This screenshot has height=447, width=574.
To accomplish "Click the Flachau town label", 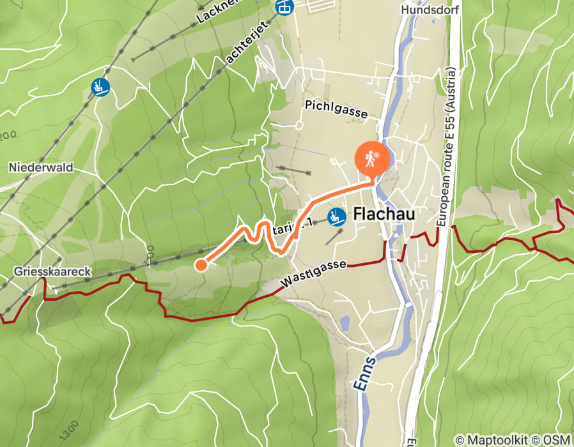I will [384, 215].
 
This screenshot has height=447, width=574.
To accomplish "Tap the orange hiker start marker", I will [371, 158].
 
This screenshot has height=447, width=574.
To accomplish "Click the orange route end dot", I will [201, 264].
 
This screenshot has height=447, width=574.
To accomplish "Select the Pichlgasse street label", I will [336, 108].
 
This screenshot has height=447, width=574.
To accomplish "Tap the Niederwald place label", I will [41, 167].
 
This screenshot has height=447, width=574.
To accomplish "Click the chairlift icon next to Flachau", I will [336, 218].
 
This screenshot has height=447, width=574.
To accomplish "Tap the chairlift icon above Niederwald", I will [100, 87].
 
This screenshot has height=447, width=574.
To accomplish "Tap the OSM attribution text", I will [557, 440].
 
